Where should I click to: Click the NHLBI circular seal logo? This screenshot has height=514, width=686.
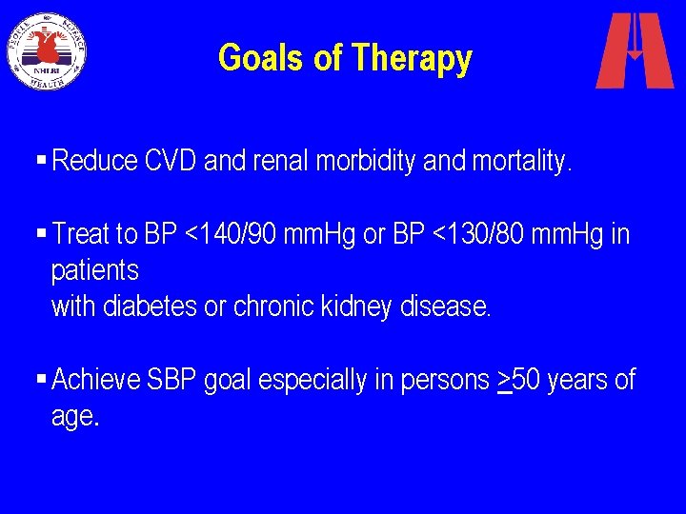47,50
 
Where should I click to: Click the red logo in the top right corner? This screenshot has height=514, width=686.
634,50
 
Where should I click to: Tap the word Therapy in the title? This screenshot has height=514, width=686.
411,59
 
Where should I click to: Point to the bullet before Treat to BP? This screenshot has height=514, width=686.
42,234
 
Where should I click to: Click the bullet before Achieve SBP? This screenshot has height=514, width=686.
42,381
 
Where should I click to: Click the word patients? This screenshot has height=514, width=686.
94,271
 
